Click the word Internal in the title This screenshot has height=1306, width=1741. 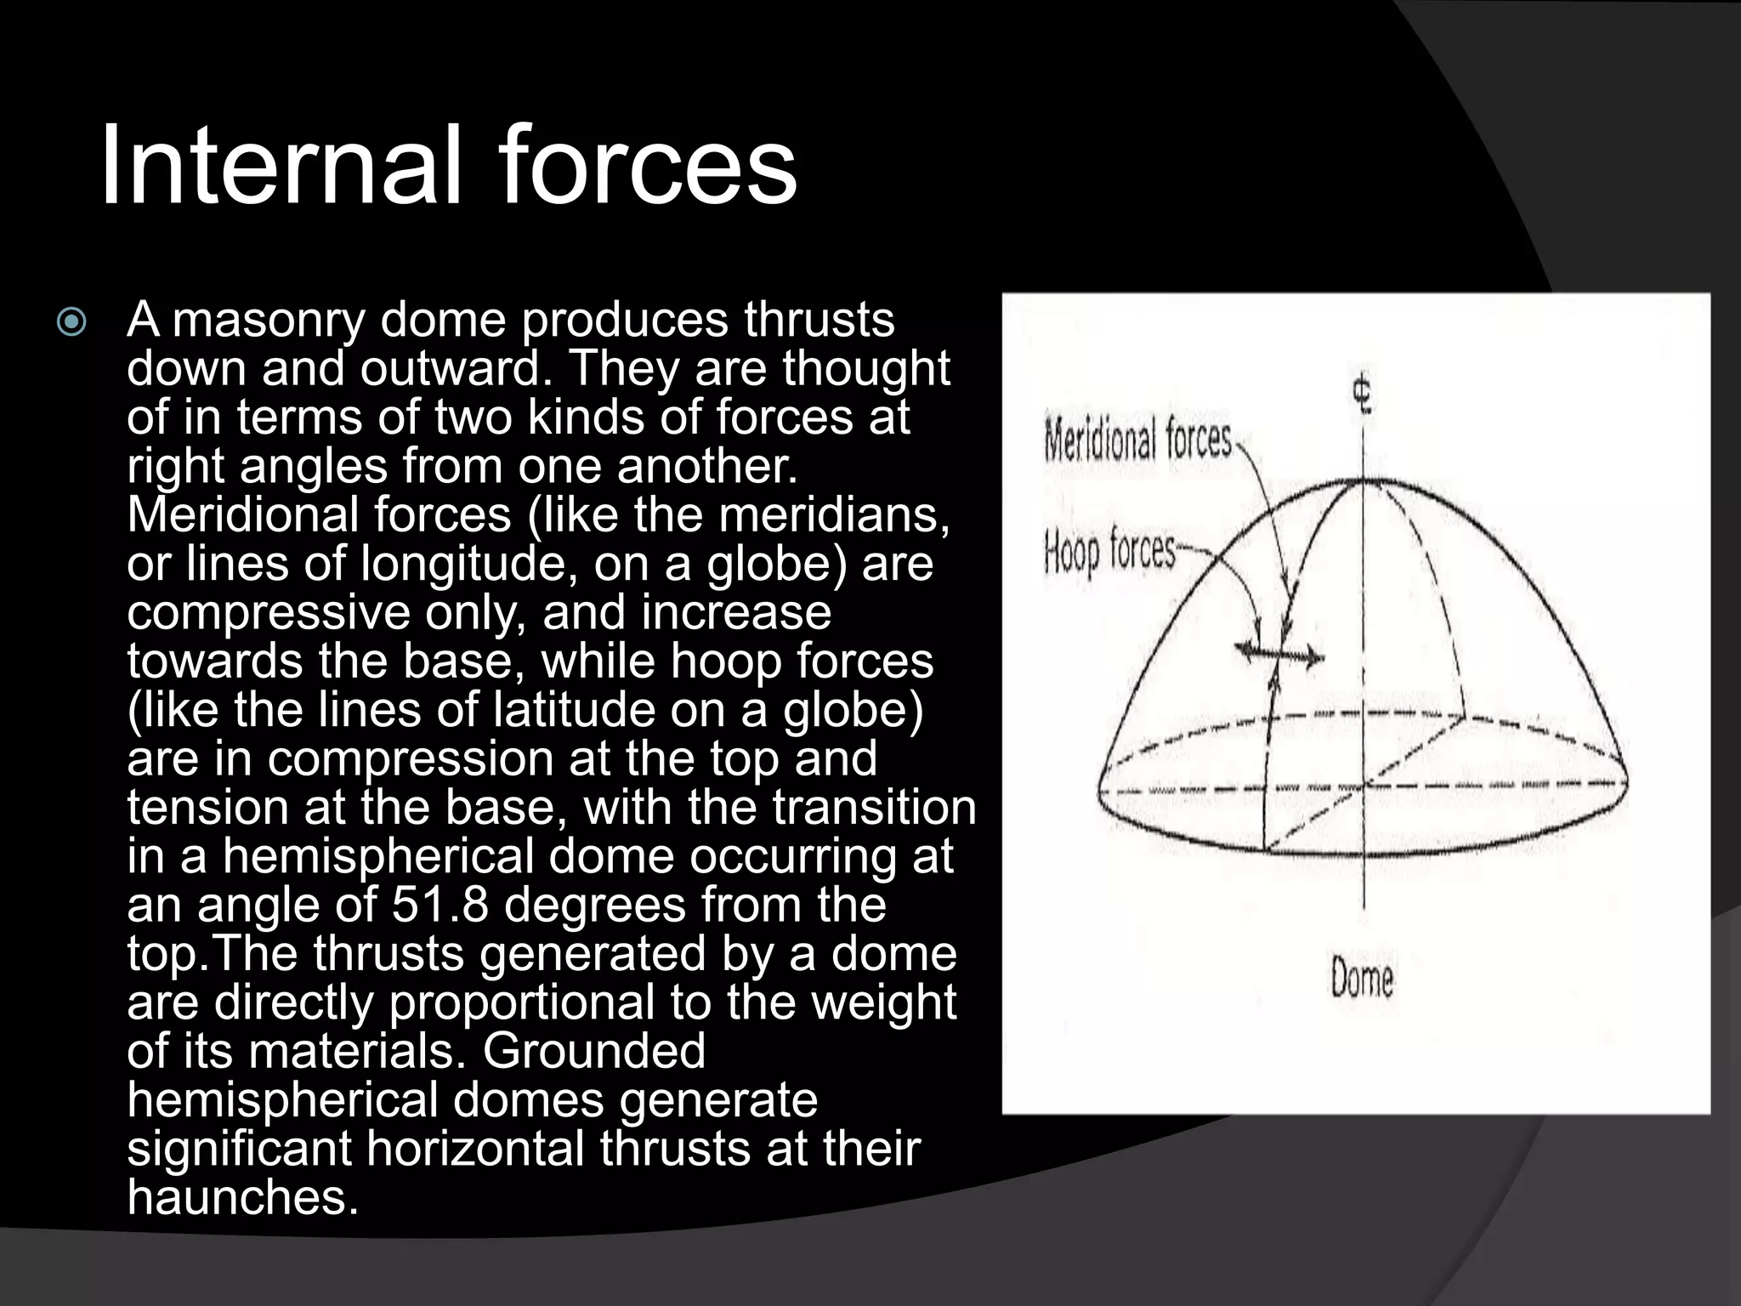(281, 165)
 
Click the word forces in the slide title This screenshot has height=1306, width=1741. (648, 165)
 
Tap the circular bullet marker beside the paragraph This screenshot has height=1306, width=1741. (71, 322)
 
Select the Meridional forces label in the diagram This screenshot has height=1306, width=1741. (1137, 440)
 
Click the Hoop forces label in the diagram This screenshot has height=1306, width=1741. (1109, 553)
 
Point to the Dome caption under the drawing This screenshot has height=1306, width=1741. (1362, 979)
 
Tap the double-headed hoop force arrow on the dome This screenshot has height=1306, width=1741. (1279, 653)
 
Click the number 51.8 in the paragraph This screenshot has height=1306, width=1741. (440, 905)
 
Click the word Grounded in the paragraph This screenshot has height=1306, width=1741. (594, 1051)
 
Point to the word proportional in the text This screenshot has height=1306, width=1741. (523, 1002)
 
